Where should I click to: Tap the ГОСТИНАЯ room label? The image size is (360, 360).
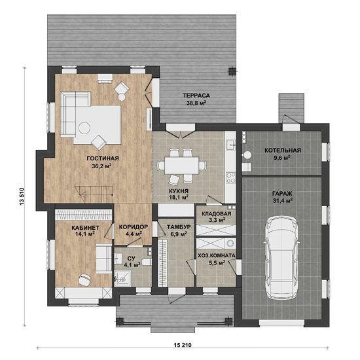(x=103, y=158)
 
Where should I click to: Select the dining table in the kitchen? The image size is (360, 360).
(x=181, y=166)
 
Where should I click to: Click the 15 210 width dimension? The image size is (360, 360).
(x=183, y=345)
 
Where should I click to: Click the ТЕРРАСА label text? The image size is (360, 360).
(x=196, y=96)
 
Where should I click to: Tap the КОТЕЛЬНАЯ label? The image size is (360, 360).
(x=283, y=151)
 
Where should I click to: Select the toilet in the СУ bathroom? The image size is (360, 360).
(x=146, y=262)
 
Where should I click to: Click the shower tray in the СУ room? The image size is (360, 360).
(x=122, y=278)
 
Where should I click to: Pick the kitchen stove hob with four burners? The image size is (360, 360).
(x=231, y=177)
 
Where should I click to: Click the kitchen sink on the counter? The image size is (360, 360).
(x=230, y=145)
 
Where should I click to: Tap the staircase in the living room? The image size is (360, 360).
(x=94, y=194)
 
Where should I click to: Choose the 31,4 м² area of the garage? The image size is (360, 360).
(x=283, y=201)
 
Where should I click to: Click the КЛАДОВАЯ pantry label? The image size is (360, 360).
(x=217, y=214)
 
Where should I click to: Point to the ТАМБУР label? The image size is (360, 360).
(x=179, y=227)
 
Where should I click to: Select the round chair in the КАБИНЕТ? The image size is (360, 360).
(x=84, y=279)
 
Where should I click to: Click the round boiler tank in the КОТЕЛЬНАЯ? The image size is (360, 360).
(x=247, y=155)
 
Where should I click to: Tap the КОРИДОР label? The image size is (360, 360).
(x=134, y=227)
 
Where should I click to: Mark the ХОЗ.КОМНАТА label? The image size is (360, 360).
(x=217, y=255)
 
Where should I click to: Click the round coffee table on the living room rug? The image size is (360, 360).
(x=84, y=128)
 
